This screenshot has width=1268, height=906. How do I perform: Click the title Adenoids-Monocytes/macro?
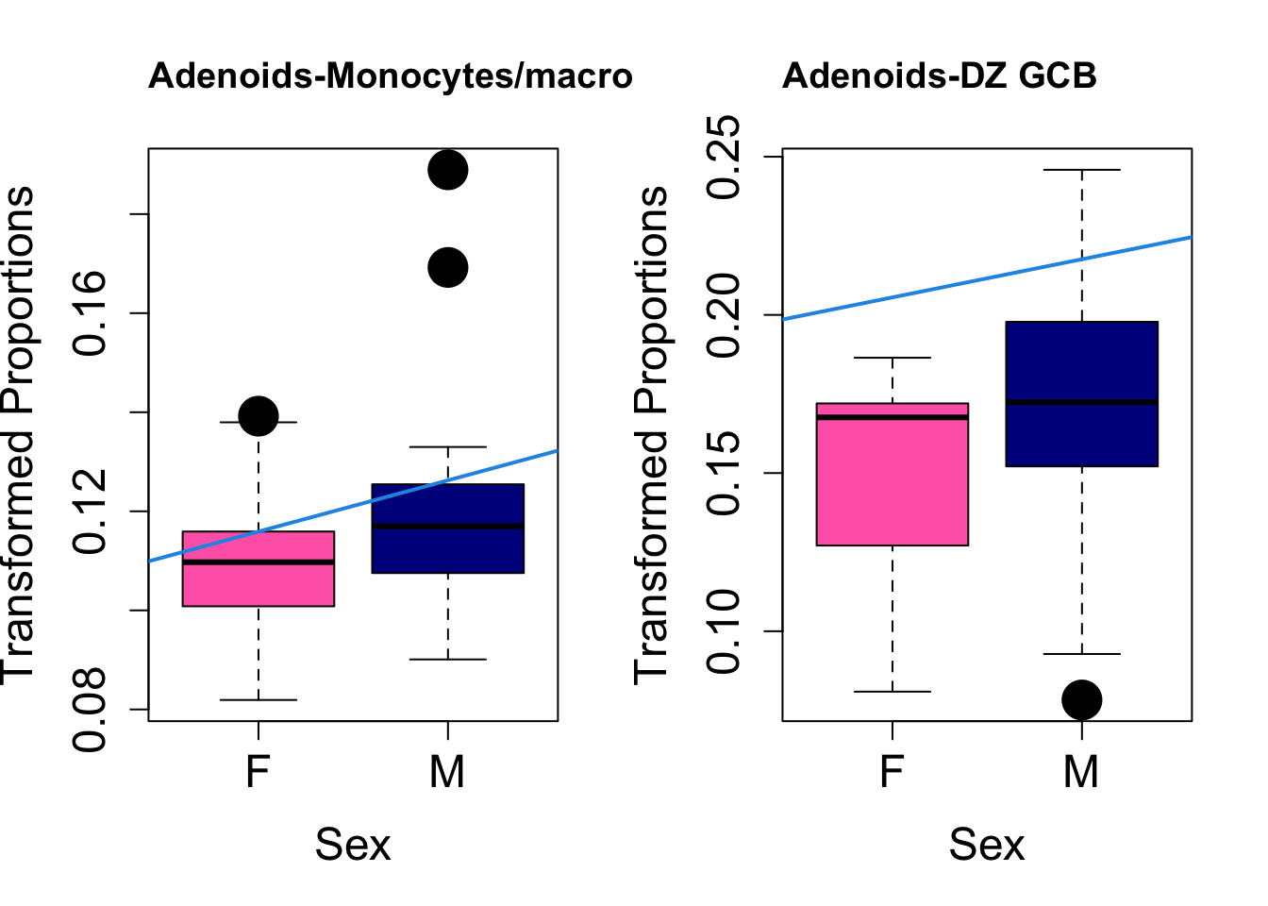(x=390, y=76)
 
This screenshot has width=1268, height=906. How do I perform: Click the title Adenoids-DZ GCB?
(x=939, y=76)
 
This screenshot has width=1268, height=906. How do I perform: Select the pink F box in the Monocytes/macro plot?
(x=258, y=585)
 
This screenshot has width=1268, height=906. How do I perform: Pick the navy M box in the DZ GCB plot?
(x=1081, y=434)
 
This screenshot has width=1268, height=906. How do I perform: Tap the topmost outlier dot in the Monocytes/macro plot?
(x=448, y=170)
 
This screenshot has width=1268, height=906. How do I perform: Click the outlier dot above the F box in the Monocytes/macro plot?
(x=258, y=415)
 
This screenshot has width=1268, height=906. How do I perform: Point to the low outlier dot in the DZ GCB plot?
(x=1081, y=699)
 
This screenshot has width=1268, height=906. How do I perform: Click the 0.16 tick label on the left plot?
(x=92, y=313)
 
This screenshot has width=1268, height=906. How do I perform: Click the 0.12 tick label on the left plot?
(x=92, y=512)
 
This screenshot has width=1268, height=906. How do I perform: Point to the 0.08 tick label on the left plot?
(x=92, y=710)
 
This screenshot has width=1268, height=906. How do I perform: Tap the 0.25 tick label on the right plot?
(x=726, y=157)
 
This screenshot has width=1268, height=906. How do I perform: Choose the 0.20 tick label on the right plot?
(x=726, y=314)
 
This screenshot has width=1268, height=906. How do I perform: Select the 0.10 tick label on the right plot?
(x=726, y=631)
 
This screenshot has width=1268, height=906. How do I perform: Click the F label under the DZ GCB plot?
(x=892, y=772)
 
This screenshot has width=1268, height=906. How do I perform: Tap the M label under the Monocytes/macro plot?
(x=447, y=772)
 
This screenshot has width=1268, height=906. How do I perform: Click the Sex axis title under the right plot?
(x=986, y=845)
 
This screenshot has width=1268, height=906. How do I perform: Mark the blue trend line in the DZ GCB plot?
(x=986, y=278)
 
